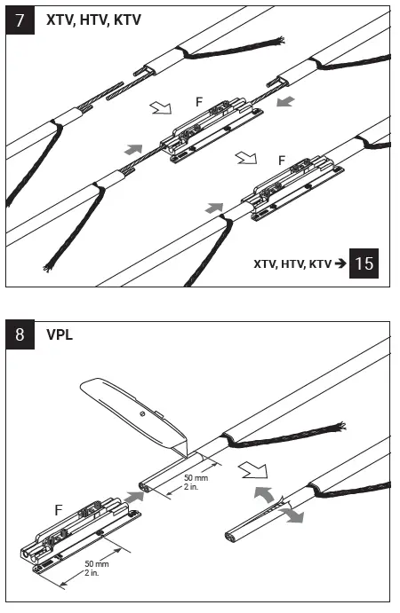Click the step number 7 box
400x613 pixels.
point(20,20)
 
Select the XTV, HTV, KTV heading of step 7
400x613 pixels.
point(93,19)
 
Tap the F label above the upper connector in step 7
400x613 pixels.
point(199,103)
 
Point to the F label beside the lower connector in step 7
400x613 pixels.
point(282,161)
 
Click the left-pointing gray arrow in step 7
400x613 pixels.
point(284,103)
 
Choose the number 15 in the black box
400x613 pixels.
point(364,263)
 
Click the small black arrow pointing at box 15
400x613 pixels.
point(339,264)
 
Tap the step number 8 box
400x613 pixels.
point(20,337)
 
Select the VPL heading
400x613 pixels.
point(60,337)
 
